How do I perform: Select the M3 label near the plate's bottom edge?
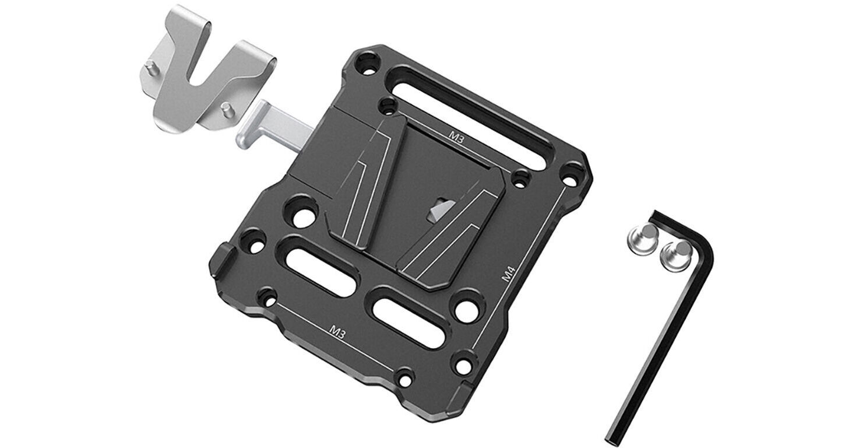(336, 332)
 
